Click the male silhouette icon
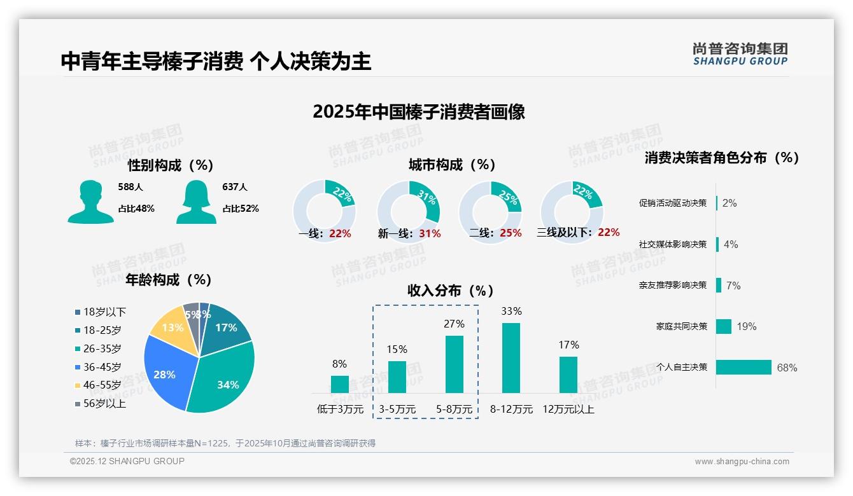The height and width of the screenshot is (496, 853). point(90,202)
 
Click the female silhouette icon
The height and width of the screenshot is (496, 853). point(196,202)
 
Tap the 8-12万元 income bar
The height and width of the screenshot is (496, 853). point(511,357)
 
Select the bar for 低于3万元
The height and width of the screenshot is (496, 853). point(340,384)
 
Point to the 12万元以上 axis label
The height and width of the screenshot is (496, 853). point(568,410)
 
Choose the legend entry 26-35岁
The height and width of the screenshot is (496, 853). point(102,348)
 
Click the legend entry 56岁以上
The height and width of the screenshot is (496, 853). point(104,404)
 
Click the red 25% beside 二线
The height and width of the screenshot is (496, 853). point(511,233)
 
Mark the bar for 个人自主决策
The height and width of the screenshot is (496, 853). point(744,367)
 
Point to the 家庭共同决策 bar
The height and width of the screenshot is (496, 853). point(724,326)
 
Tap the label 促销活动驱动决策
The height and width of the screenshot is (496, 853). point(673,203)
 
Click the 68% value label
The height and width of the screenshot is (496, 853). point(787,368)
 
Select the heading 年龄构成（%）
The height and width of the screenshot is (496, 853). point(169,280)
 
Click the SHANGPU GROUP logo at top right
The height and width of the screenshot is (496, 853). point(740,54)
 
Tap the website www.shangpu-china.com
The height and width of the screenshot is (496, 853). point(742,462)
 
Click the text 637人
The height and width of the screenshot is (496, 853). point(235,187)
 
